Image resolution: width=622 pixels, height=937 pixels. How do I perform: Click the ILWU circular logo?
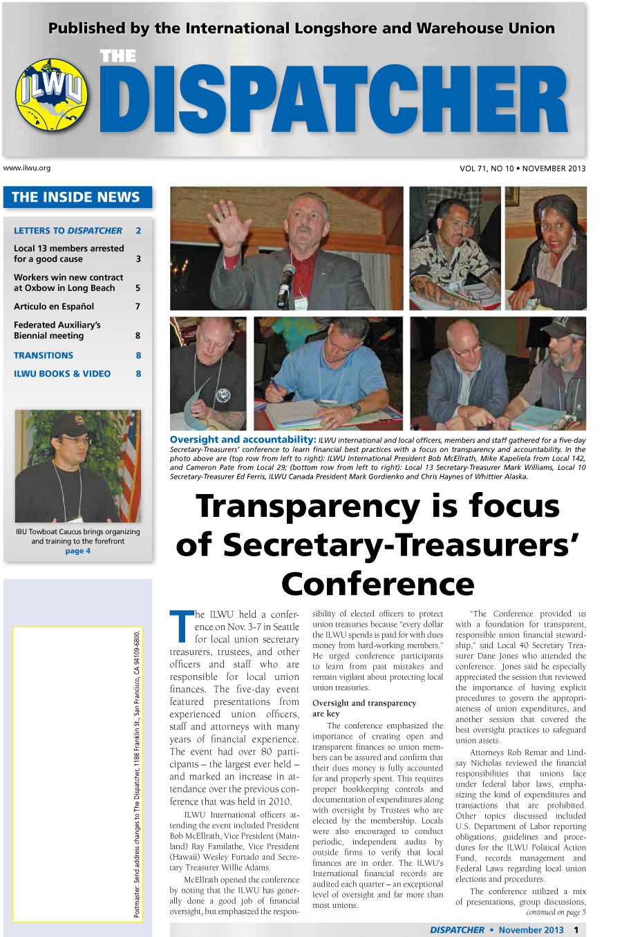[x=52, y=95]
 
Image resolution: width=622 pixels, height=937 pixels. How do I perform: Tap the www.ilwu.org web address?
[x=27, y=168]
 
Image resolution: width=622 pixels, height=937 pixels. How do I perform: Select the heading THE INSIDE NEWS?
[x=76, y=198]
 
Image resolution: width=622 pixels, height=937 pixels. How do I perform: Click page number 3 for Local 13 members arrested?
[x=138, y=259]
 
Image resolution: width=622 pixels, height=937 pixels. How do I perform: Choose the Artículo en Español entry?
[x=54, y=306]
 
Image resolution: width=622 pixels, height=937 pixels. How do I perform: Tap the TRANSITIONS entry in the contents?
[x=44, y=355]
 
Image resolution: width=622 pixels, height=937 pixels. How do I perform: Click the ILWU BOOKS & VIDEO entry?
[x=62, y=374]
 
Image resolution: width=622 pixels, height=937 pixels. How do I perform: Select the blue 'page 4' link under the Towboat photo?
[x=78, y=551]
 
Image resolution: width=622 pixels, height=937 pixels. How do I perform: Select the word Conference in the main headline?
[x=377, y=584]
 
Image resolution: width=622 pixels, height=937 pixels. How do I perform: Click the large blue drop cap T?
[x=181, y=625]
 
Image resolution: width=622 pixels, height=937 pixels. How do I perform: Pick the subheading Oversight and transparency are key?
[x=364, y=708]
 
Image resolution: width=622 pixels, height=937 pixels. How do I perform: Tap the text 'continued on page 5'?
[x=556, y=912]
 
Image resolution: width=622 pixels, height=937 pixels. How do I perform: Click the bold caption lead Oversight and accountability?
[x=243, y=439]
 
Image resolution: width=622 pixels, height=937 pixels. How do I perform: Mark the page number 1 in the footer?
[x=576, y=930]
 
